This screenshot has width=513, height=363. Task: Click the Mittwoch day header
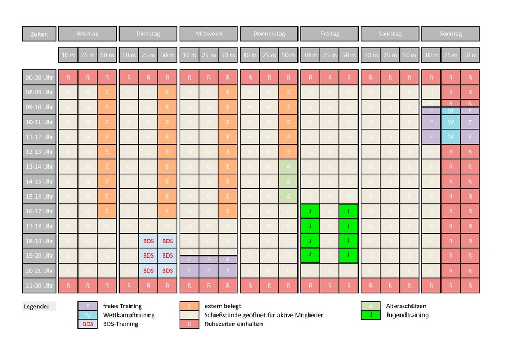pos(208,34)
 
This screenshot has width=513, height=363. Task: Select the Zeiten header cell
pos(39,34)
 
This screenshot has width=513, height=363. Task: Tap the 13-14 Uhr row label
pos(39,166)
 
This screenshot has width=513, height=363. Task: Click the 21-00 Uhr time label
pos(39,285)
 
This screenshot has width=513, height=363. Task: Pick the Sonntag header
pos(450,34)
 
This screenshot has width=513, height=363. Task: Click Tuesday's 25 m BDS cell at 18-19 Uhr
pos(148,241)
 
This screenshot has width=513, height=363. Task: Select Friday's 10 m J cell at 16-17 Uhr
pos(310,211)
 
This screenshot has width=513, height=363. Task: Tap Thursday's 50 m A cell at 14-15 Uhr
pos(288,181)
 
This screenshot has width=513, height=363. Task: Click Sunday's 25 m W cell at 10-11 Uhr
pos(450,122)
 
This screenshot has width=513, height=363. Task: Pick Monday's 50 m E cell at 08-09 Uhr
pos(107,92)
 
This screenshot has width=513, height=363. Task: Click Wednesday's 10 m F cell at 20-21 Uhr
pos(189,270)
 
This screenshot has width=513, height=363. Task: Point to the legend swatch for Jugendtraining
pos(371,315)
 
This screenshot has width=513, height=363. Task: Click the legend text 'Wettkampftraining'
pos(128,315)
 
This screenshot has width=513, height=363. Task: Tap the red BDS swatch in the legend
pos(87,324)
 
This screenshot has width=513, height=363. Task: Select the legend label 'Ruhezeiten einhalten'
pos(234,324)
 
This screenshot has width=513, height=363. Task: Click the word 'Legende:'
pos(35,306)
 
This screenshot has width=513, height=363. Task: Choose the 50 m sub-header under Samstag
pos(409,55)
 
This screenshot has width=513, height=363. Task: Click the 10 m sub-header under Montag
pos(68,55)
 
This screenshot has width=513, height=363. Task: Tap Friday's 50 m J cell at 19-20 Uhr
pos(348,254)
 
